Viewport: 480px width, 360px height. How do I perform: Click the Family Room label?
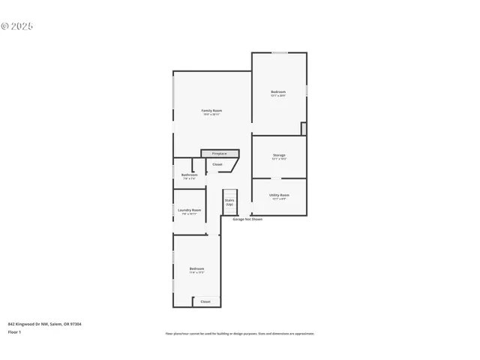(x=211, y=110)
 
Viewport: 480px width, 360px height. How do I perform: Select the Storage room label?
(x=279, y=155)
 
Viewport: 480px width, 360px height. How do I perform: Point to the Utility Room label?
(x=279, y=194)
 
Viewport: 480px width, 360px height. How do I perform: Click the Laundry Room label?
(x=190, y=210)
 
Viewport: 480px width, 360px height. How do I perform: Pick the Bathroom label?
(x=189, y=175)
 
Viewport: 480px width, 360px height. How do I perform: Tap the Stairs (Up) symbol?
(x=229, y=202)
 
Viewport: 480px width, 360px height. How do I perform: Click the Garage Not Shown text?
(x=247, y=220)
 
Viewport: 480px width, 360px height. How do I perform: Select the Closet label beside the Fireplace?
(x=217, y=163)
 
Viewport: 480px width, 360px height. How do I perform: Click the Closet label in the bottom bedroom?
(x=205, y=301)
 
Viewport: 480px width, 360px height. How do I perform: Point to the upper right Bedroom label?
(x=278, y=91)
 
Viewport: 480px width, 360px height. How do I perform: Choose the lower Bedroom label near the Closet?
(x=196, y=268)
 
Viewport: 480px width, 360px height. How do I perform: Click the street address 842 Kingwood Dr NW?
(x=45, y=324)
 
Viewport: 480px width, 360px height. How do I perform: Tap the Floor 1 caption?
(x=14, y=331)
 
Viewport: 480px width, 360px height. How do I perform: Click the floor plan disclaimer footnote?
(x=240, y=334)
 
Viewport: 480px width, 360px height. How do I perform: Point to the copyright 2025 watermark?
(x=17, y=26)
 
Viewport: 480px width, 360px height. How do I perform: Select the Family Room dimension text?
(x=211, y=115)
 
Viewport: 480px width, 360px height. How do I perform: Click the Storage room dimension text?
(x=279, y=159)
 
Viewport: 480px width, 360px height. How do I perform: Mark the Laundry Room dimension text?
(x=190, y=214)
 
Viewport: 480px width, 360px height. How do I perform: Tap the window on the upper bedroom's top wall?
(x=279, y=52)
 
